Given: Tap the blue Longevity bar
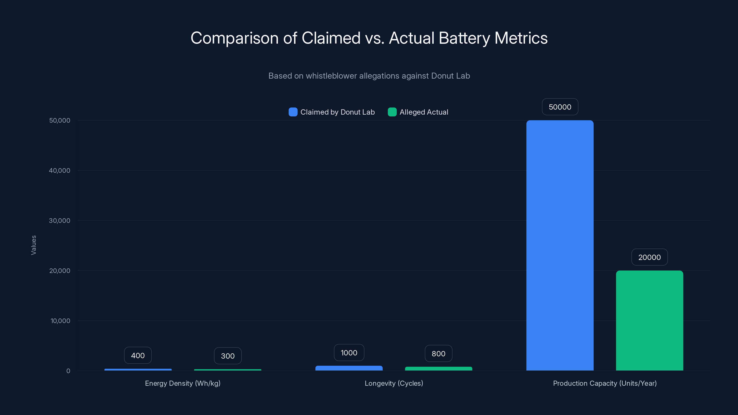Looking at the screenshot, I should [x=349, y=368].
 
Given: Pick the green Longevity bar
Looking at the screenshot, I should [x=438, y=369].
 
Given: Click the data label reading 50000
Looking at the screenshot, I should [x=560, y=107].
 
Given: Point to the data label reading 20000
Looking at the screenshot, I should [x=649, y=257].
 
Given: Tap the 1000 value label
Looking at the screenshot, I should [x=349, y=353].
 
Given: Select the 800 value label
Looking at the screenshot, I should [x=438, y=353].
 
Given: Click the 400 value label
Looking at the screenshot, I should [x=138, y=356].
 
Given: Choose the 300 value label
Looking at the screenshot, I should [x=228, y=356].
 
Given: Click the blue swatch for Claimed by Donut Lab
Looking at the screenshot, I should [x=293, y=112].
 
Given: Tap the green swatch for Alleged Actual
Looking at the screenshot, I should [x=392, y=112].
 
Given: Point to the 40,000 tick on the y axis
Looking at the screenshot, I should [x=60, y=170].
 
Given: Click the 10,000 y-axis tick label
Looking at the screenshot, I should [x=60, y=321].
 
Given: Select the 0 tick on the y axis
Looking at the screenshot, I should [x=68, y=371].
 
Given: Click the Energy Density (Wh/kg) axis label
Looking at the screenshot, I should [x=183, y=383].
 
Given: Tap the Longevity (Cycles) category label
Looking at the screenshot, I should [x=394, y=383].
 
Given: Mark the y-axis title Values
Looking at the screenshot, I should [x=33, y=245].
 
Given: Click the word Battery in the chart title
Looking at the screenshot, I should [x=464, y=38].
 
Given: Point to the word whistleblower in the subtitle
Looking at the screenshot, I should [x=331, y=76].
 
